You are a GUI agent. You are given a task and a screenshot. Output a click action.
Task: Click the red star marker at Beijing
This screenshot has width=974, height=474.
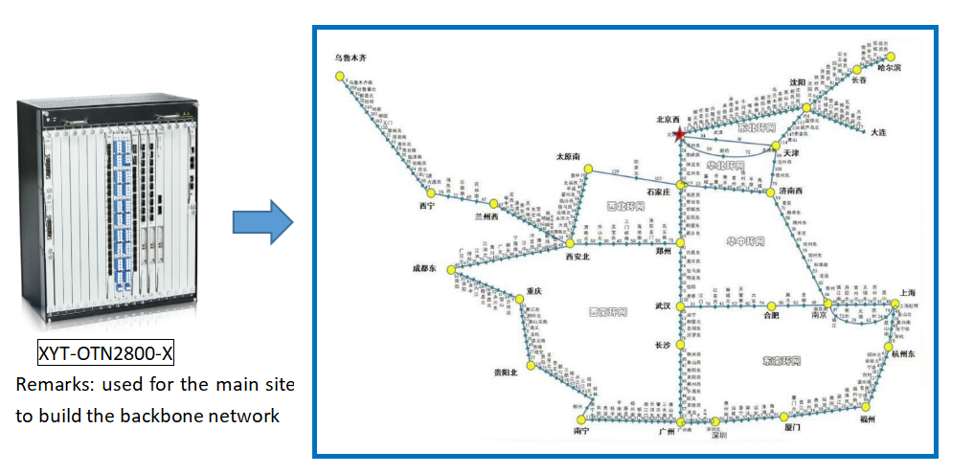coord(680,135)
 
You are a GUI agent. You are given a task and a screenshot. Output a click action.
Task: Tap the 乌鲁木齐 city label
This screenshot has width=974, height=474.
coord(351,57)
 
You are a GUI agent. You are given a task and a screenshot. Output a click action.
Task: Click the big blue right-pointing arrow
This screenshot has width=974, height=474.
coord(262,221)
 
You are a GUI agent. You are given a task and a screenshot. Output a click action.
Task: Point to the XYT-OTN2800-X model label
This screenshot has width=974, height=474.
coord(106,354)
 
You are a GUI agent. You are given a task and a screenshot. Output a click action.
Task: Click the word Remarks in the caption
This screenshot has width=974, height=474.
coord(47,385)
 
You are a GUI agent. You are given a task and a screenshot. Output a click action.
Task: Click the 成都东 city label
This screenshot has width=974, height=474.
coord(424,269)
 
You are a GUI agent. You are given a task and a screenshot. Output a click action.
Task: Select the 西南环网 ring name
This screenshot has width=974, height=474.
coord(607,312)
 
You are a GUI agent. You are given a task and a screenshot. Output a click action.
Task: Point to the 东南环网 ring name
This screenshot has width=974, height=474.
coord(779,361)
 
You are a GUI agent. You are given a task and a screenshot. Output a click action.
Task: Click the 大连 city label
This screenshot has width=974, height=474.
coord(881,131)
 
